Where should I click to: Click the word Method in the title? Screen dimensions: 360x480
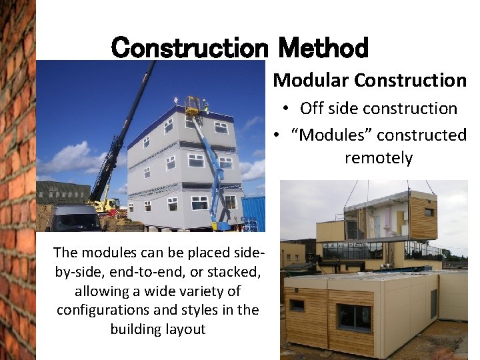[323, 47]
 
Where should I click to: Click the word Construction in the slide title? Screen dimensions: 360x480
[190, 47]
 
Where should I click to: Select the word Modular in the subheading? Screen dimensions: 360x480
[311, 80]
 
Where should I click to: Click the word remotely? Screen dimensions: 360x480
[378, 158]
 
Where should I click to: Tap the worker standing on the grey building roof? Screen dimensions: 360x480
[205, 105]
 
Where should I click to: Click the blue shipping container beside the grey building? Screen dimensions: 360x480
[253, 213]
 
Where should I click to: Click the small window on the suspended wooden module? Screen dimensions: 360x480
[428, 212]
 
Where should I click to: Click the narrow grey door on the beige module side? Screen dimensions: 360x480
[433, 303]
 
